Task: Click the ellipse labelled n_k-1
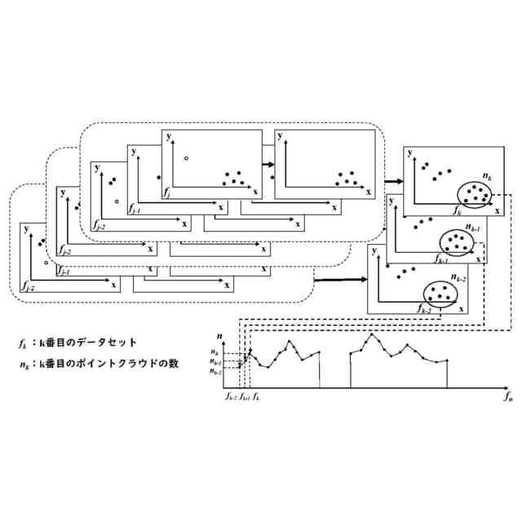456,241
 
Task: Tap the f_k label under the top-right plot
458,210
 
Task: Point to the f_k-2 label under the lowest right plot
425,310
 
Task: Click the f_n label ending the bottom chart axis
507,397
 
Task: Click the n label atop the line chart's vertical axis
219,336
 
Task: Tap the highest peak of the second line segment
373,334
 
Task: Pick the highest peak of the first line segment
294,340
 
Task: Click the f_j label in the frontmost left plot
167,194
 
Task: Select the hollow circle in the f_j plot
187,157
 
